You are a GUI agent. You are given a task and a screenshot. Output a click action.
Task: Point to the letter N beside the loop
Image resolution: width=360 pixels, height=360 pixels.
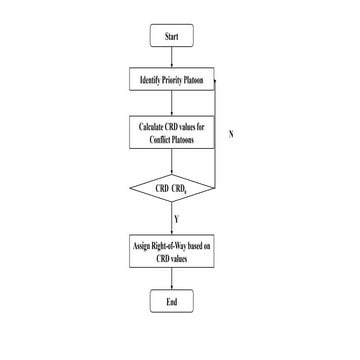coord(231,133)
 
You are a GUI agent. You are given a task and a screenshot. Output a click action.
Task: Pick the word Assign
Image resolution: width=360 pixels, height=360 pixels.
coord(145,244)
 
